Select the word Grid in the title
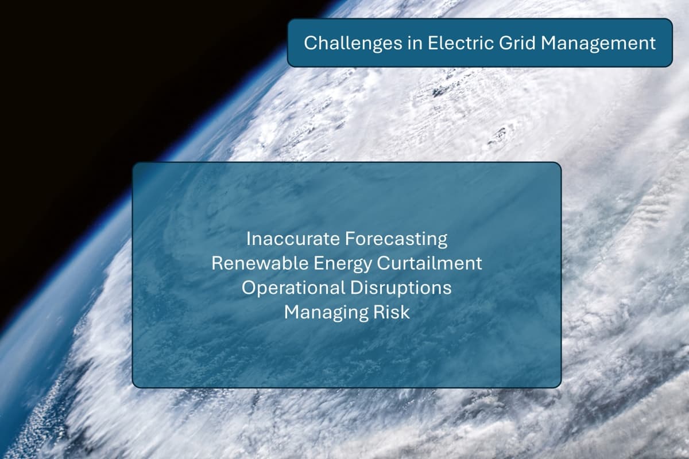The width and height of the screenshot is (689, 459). click(x=517, y=42)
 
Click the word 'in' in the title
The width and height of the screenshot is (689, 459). click(x=415, y=42)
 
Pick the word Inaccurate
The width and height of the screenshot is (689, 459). click(x=292, y=239)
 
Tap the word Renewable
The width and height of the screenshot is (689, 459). click(x=260, y=263)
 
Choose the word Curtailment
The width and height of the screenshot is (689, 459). click(x=429, y=263)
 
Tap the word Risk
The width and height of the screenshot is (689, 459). click(x=391, y=312)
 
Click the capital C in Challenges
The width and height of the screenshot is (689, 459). click(x=311, y=42)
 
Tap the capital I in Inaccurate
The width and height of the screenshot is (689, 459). click(x=248, y=239)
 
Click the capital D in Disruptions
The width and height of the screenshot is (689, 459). click(x=356, y=288)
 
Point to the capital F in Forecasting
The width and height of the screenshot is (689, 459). click(x=350, y=239)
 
